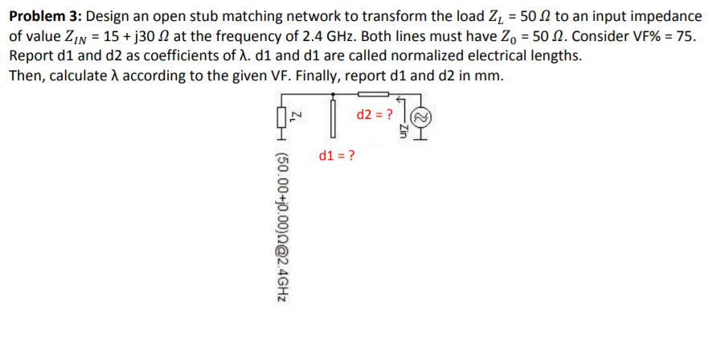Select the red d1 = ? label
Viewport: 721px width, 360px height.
point(338,155)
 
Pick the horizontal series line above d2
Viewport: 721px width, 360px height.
point(375,96)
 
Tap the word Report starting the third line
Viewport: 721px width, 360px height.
point(31,57)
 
